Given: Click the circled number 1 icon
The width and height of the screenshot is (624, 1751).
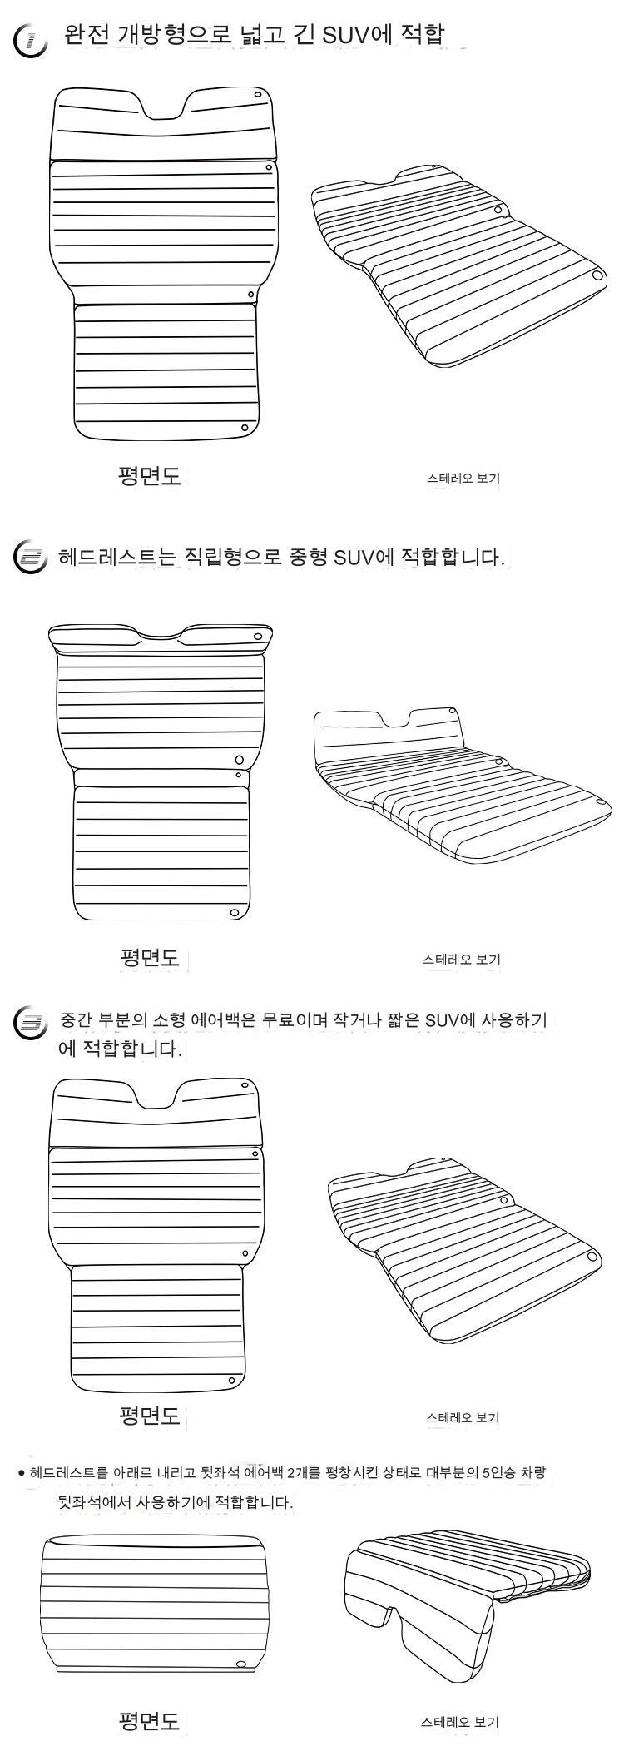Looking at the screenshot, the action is click(30, 40).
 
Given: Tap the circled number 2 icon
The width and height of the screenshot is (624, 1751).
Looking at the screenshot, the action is click(31, 557).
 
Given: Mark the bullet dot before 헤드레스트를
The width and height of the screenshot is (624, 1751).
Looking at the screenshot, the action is click(22, 1474).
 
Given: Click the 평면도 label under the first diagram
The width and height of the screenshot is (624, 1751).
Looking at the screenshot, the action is click(150, 477).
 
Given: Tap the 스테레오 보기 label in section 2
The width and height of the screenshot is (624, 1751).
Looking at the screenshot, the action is click(462, 959).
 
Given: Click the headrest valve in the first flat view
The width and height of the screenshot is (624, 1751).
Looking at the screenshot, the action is click(258, 95).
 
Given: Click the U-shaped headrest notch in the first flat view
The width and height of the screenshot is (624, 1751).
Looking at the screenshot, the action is click(161, 107).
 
